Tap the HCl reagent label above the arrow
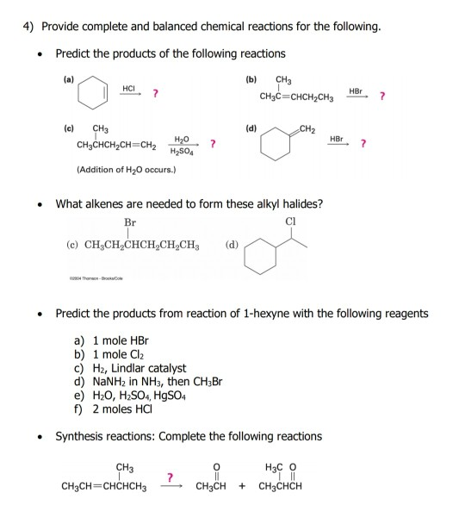coord(130,86)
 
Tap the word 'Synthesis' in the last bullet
coord(81,436)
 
